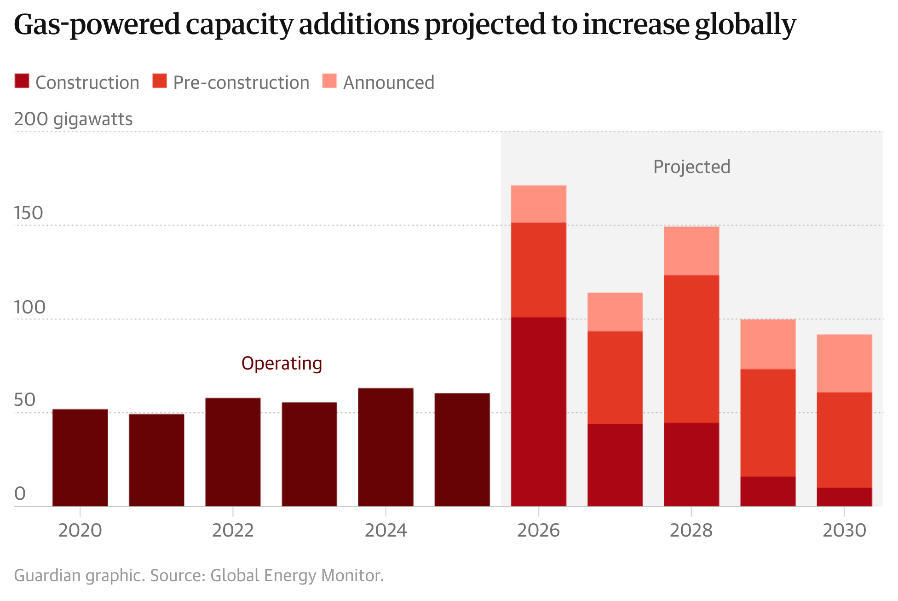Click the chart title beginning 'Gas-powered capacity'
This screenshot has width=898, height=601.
[405, 25]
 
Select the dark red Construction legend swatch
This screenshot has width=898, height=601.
[22, 81]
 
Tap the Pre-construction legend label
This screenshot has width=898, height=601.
[241, 83]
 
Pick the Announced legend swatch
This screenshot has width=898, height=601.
[329, 81]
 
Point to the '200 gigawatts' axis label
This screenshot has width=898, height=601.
[73, 119]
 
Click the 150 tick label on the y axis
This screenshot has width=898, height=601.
[28, 213]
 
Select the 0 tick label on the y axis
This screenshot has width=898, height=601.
[20, 494]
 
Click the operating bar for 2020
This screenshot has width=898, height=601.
[80, 457]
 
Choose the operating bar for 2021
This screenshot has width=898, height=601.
[156, 460]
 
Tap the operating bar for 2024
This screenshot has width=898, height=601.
[386, 447]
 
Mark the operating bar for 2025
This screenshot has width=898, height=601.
[462, 450]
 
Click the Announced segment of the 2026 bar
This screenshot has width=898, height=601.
[538, 204]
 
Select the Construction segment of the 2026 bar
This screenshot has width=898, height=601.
[538, 411]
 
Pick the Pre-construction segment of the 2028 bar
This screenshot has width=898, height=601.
[691, 349]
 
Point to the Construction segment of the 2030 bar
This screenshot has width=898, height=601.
[844, 497]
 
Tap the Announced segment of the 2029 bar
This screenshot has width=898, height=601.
[768, 344]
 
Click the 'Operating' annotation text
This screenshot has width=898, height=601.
[282, 364]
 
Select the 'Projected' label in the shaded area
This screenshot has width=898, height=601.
[691, 167]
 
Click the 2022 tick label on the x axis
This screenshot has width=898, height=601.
[233, 531]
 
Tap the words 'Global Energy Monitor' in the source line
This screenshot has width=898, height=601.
[296, 576]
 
